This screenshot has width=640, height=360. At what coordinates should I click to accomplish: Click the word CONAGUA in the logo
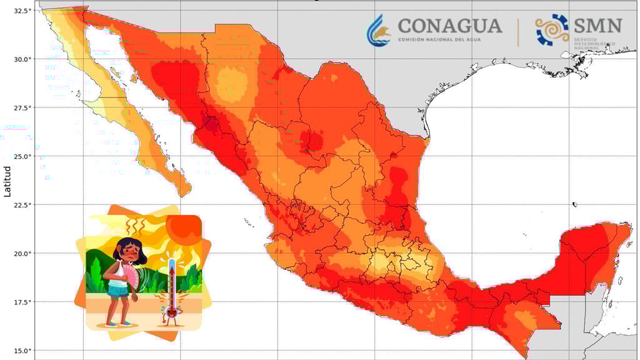(450, 26)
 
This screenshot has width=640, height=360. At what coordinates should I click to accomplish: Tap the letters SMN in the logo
(598, 26)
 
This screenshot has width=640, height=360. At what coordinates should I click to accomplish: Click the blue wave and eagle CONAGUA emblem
(379, 31)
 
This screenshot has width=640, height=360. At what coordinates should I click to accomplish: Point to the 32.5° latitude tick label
(22, 11)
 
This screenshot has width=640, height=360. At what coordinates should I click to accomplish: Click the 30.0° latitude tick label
(22, 59)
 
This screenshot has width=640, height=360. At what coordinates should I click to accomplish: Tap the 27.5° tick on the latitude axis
(22, 107)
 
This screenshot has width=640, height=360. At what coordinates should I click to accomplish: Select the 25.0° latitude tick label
(22, 156)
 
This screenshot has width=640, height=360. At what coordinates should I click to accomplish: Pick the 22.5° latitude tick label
(22, 205)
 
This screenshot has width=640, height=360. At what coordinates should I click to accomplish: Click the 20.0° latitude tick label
(22, 253)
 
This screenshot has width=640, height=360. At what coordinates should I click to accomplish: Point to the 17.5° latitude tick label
(22, 302)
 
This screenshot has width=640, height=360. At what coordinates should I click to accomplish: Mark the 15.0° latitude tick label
(22, 350)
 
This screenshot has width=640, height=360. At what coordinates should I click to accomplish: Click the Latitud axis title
(7, 181)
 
